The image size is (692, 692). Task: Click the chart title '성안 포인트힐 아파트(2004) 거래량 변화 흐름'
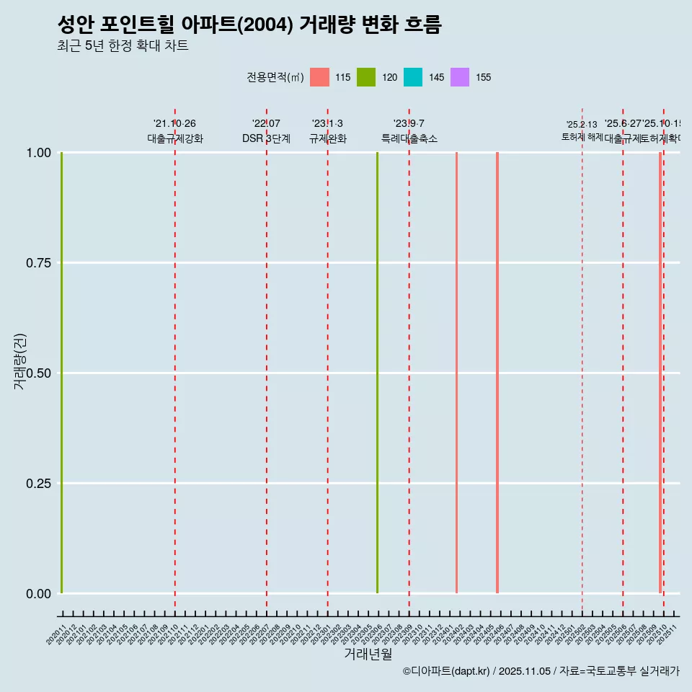249,25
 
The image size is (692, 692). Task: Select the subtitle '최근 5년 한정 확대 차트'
123,46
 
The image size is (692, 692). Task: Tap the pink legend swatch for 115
319,77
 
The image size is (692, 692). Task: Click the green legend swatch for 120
366,77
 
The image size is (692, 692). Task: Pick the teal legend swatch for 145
413,77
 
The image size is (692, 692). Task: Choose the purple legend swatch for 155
460,77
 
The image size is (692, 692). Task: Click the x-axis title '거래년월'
368,654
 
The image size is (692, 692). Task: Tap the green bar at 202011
62,373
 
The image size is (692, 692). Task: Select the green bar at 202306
377,373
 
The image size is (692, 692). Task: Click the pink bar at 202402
456,373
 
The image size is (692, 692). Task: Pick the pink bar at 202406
497,373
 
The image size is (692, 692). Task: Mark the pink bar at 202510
660,373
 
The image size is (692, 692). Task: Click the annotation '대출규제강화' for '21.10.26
175,138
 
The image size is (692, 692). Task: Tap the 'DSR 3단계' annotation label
266,138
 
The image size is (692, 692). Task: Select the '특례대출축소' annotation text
409,138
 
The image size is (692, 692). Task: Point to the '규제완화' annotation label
328,138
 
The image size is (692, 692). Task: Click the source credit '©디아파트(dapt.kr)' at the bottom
446,671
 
